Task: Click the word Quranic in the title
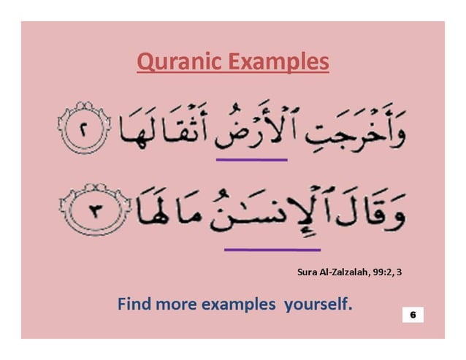[x=172, y=62]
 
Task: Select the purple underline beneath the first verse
[x=251, y=159]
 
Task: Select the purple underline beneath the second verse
[x=261, y=250]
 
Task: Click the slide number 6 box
[x=413, y=314]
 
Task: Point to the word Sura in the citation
[x=308, y=272]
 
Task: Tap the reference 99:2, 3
[x=389, y=272]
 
